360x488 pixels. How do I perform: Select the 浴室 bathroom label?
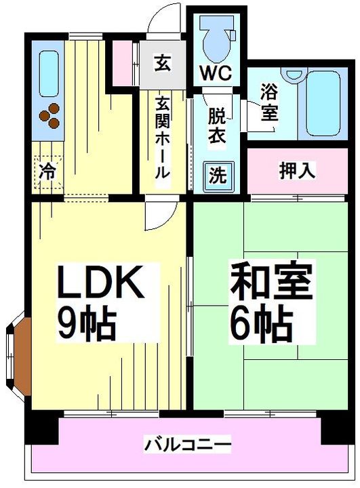click(x=269, y=102)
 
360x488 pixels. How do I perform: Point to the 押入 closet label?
click(x=297, y=170)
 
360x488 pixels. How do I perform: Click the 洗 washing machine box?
click(x=217, y=175)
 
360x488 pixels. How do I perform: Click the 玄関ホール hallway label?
click(x=163, y=139)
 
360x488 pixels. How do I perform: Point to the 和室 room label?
click(x=271, y=283)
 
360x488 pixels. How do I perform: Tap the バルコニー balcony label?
click(x=188, y=445)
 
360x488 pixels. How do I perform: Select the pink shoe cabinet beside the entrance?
click(x=125, y=63)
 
